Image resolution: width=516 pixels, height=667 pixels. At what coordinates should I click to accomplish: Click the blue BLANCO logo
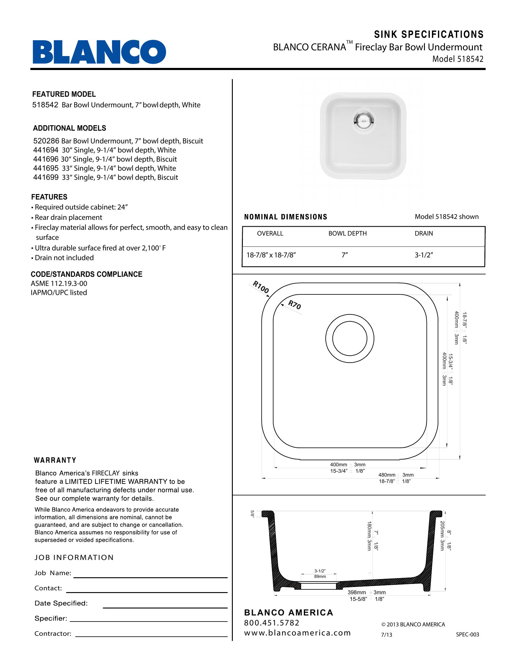[99, 52]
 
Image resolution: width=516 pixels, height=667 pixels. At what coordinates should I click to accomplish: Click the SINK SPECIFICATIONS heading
[429, 35]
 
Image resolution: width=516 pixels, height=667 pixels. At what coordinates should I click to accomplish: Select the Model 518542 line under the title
[458, 59]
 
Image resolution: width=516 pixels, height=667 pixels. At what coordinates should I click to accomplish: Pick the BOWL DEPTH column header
[347, 234]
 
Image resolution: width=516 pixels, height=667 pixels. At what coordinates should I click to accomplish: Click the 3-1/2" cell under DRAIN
[424, 255]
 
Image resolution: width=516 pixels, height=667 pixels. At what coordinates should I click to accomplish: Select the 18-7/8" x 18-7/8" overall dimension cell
[271, 255]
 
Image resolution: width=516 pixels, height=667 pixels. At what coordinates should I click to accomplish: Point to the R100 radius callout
[260, 287]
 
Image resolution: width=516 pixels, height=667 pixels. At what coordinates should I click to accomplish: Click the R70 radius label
[295, 305]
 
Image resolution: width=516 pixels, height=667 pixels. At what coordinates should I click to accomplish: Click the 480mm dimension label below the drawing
[387, 475]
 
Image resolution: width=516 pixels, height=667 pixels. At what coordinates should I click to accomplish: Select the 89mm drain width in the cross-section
[320, 577]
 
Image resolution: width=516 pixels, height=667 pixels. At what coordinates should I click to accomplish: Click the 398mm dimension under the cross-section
[356, 592]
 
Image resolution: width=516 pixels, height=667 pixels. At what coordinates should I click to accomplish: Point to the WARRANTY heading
[55, 460]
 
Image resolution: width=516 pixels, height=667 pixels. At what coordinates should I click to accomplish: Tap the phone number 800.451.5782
[271, 623]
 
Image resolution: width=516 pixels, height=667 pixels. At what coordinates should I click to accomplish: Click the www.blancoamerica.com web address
[297, 633]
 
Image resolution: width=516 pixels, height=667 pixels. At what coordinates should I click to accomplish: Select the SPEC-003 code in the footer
[467, 634]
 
